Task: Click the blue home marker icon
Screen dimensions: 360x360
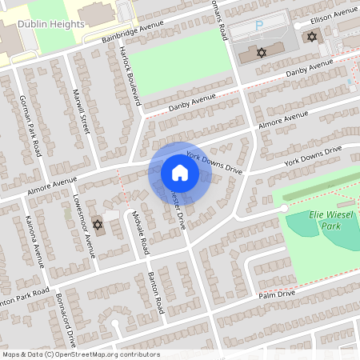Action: pyautogui.click(x=180, y=173)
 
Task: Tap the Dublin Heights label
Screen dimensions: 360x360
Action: pyautogui.click(x=55, y=24)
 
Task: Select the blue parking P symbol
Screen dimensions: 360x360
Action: pyautogui.click(x=258, y=26)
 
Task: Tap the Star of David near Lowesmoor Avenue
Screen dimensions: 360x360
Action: pyautogui.click(x=98, y=225)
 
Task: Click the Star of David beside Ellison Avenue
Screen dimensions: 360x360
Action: pyautogui.click(x=311, y=37)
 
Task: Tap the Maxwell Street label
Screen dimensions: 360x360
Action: pyautogui.click(x=82, y=113)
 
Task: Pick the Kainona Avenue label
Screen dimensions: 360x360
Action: pyautogui.click(x=34, y=240)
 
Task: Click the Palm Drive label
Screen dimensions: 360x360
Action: pyautogui.click(x=276, y=294)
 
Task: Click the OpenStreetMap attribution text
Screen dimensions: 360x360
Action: pyautogui.click(x=81, y=354)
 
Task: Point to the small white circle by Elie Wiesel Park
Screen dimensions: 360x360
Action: pyautogui.click(x=283, y=208)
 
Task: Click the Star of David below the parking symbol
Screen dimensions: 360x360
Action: pyautogui.click(x=260, y=52)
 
